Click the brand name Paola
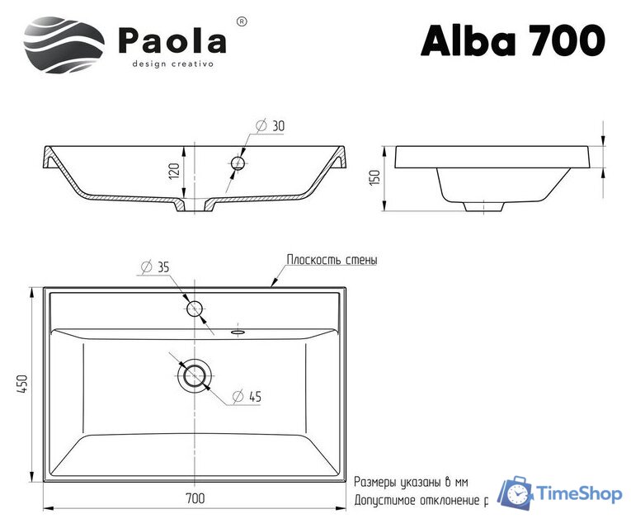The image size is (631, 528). [x=173, y=40]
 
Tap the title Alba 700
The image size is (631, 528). [x=512, y=39]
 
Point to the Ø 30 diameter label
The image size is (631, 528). [x=270, y=125]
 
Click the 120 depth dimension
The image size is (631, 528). [x=174, y=171]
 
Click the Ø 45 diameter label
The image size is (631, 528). [x=247, y=397]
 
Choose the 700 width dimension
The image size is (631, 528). [x=195, y=498]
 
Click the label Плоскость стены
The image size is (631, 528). [x=332, y=260]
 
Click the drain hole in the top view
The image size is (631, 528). [x=195, y=375]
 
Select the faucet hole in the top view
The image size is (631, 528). [x=195, y=309]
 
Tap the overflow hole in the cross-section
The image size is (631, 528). [x=238, y=163]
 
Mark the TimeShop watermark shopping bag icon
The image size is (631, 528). [x=516, y=493]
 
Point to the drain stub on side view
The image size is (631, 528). [x=483, y=205]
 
